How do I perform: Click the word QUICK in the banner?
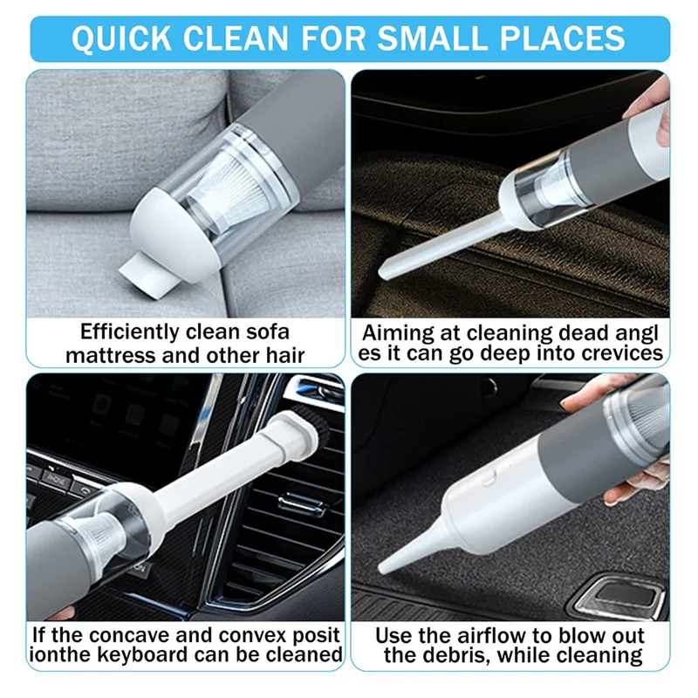[x=121, y=38]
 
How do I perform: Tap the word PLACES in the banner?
[x=563, y=38]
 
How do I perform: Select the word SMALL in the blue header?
[x=432, y=38]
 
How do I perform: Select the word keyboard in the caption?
[x=149, y=655]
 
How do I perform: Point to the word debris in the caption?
[x=462, y=656]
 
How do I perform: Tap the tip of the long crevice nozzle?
[x=382, y=274]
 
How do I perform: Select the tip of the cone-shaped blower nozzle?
[x=381, y=569]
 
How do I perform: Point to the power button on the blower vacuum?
[x=489, y=477]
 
